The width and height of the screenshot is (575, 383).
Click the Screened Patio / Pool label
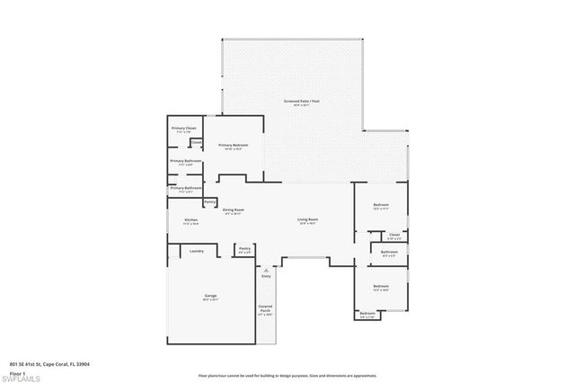coord(302,101)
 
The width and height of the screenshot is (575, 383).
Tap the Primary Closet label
coord(184,129)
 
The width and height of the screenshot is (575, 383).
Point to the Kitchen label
coord(191,219)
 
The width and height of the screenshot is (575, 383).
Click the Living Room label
coord(308,219)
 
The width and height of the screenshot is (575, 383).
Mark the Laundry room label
coord(198,251)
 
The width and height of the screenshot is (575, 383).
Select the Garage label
coord(210,295)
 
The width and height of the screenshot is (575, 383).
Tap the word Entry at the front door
coord(266,276)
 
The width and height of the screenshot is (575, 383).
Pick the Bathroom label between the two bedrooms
coord(389,253)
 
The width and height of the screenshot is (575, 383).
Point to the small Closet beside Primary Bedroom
coord(196,142)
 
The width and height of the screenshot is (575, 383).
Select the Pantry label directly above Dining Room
coord(209,201)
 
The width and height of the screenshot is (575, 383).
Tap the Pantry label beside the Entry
coord(244,249)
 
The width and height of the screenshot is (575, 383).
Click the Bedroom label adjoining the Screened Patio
coord(381,205)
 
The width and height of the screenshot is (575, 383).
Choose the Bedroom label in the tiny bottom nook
coord(367,313)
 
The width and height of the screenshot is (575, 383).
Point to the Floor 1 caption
coord(17,372)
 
